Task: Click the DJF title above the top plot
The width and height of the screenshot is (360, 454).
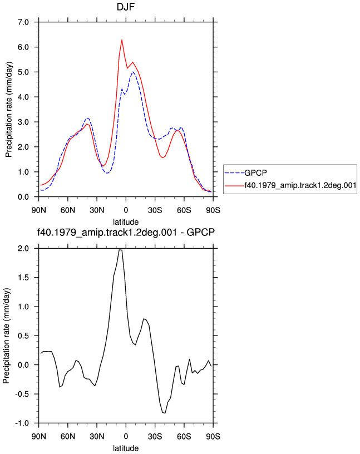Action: point(125,7)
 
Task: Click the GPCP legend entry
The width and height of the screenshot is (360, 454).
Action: point(256,173)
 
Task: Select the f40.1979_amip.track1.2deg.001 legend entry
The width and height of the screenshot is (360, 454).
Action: point(300,185)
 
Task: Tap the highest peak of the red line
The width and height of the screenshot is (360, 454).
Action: point(122,40)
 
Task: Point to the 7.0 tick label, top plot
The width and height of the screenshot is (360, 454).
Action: point(23,22)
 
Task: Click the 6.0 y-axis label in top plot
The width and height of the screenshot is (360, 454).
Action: point(23,47)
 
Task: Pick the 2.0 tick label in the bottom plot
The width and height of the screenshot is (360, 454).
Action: point(23,249)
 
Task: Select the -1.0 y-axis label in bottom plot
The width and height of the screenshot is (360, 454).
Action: point(22,423)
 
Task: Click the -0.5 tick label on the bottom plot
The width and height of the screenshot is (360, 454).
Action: point(22,394)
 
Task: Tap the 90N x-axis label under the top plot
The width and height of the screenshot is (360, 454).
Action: point(39,210)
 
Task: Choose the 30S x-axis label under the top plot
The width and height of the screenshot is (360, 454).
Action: point(155,210)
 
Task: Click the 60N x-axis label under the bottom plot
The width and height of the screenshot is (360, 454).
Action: point(68,436)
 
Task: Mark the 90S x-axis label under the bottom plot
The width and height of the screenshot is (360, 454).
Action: point(213,436)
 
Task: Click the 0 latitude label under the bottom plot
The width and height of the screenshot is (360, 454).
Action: point(126,436)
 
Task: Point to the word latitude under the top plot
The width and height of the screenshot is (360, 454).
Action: point(126,222)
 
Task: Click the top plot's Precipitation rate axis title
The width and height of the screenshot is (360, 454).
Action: point(9,110)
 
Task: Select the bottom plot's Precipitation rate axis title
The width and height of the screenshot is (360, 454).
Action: point(6,336)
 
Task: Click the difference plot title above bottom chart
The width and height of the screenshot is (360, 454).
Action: point(126,232)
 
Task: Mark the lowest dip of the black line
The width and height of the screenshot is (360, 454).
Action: point(165,413)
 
